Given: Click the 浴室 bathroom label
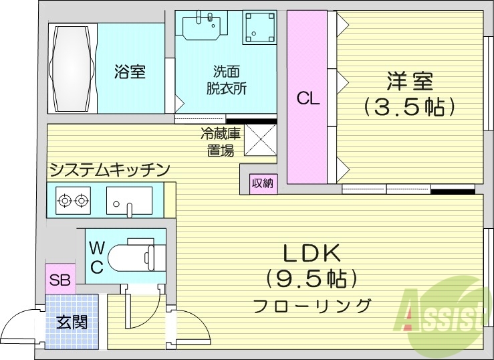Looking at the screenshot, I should click(x=130, y=71).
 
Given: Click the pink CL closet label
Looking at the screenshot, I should click(x=308, y=98).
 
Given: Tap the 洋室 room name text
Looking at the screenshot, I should click(x=409, y=82).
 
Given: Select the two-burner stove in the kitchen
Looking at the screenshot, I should click(x=73, y=199).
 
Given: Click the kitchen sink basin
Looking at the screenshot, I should click(x=130, y=199).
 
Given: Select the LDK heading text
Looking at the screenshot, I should click(x=312, y=253).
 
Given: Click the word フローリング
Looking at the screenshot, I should click(x=312, y=306).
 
